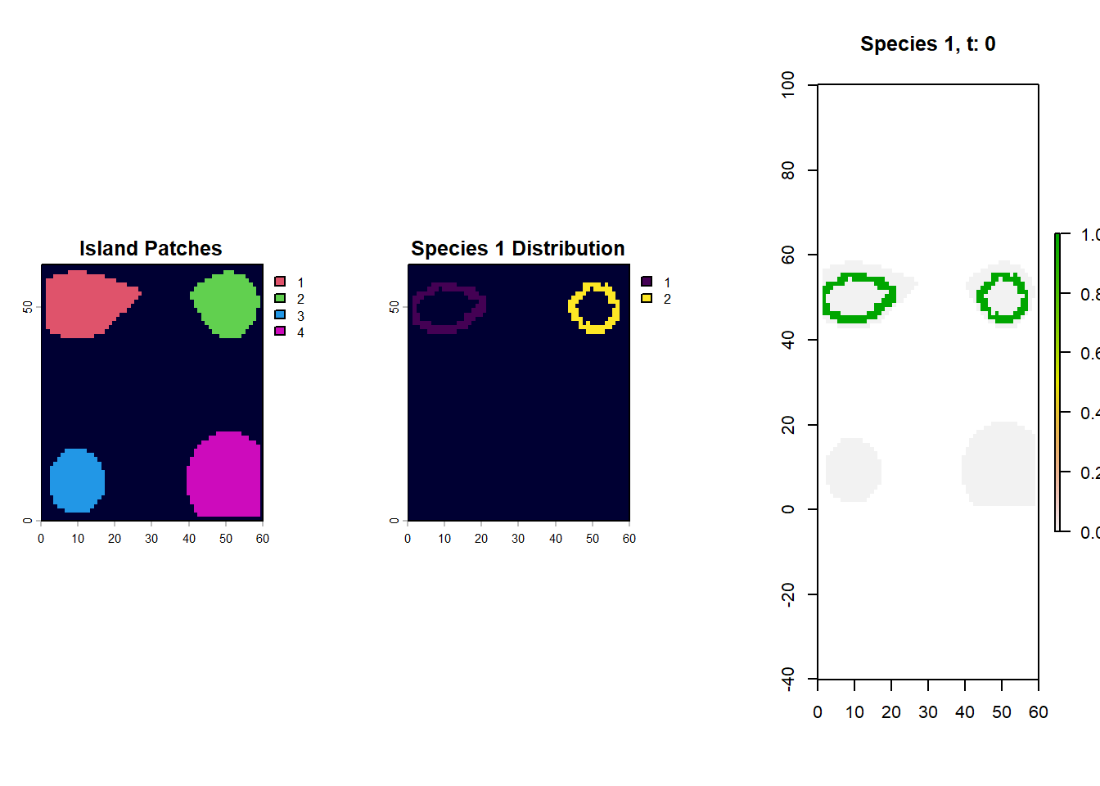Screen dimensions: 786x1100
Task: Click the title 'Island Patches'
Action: [151, 249]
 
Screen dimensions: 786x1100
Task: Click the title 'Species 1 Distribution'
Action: [517, 249]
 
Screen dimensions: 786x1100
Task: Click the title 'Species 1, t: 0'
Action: [927, 44]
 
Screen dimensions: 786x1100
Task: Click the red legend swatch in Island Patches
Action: [280, 282]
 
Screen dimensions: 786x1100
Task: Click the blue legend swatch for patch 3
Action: [280, 315]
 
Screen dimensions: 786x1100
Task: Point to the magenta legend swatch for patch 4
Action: [280, 332]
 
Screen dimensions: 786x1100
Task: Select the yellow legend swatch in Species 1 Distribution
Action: [647, 299]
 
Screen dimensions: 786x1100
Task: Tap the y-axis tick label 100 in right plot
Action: [788, 84]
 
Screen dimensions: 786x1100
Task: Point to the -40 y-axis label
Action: [788, 679]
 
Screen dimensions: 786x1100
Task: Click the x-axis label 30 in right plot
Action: [928, 712]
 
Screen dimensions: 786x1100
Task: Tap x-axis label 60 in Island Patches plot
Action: [263, 539]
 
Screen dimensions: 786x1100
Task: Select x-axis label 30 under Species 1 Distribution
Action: [518, 539]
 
